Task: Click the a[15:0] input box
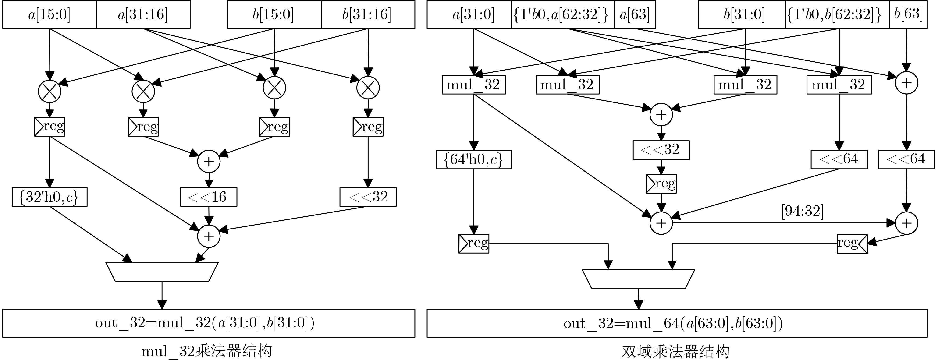[x=50, y=14]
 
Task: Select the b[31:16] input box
[x=368, y=14]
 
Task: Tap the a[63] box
[x=635, y=14]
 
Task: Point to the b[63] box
[x=908, y=14]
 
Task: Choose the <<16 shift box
[x=209, y=197]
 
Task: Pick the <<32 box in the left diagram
[x=368, y=197]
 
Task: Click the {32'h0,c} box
[x=50, y=197]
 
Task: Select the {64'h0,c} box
[x=473, y=159]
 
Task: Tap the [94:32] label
[x=802, y=211]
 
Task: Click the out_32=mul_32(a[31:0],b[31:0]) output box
[x=209, y=323]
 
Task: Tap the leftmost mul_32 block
[x=473, y=85]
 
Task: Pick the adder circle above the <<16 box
[x=209, y=161]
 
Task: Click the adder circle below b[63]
[x=906, y=83]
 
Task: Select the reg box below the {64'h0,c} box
[x=473, y=244]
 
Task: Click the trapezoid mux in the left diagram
[x=162, y=272]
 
